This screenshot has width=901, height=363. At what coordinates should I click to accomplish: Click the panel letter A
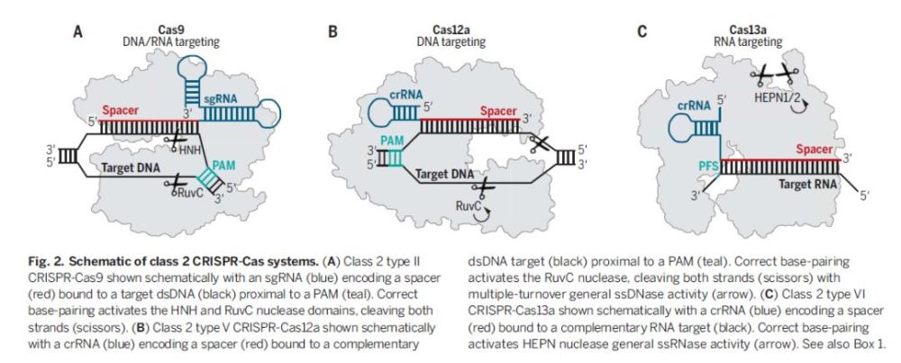[77, 32]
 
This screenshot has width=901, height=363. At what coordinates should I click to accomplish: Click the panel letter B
[332, 32]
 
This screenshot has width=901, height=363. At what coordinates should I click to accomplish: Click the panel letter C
[642, 32]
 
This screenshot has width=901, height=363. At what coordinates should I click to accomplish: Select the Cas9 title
[170, 30]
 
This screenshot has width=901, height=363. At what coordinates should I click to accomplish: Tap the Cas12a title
[451, 30]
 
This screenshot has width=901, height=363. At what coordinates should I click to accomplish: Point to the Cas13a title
[748, 30]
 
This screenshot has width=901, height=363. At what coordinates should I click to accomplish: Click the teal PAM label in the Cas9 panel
[223, 165]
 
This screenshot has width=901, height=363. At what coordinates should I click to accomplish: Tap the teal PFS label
[707, 167]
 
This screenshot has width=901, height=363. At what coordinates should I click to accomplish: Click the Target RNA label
[808, 185]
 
